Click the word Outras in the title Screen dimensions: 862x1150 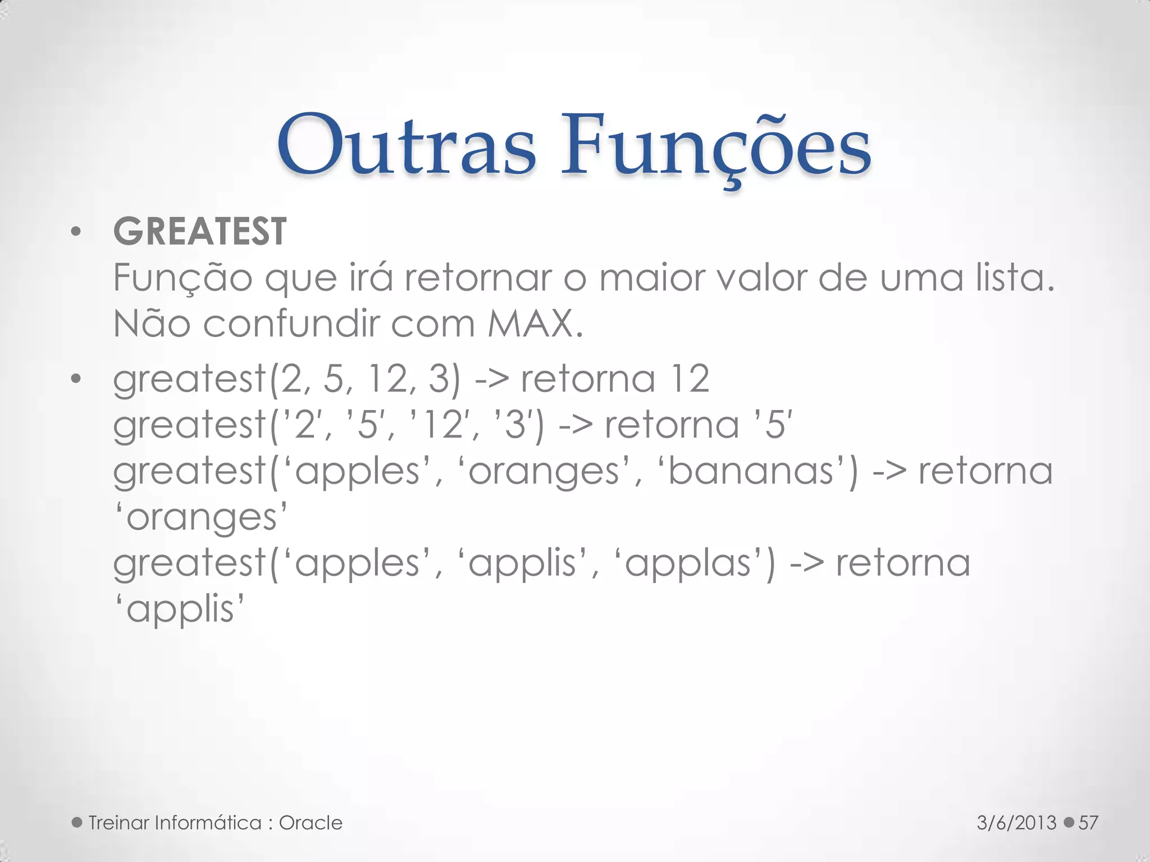[x=406, y=146]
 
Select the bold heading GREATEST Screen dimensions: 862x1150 [x=200, y=231]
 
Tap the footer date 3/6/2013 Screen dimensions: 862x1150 [x=1016, y=823]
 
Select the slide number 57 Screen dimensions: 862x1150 [x=1088, y=823]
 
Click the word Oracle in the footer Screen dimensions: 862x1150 [x=311, y=823]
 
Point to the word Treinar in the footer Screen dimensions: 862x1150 [x=118, y=823]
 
